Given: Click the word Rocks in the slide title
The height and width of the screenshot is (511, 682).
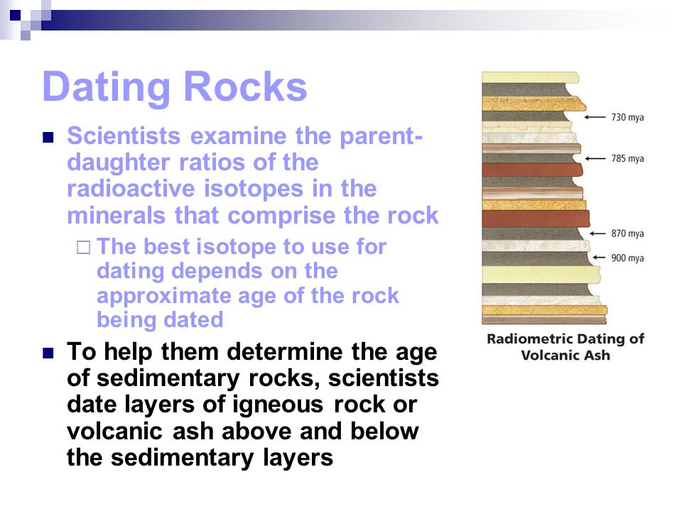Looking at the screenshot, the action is click(x=246, y=86).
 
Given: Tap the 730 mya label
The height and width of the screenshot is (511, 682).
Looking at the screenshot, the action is click(x=627, y=117).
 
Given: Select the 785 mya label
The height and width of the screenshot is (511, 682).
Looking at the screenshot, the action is click(x=627, y=158).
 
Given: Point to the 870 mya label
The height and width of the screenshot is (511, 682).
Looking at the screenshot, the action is click(x=627, y=233).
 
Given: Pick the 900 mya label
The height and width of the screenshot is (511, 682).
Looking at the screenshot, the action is click(x=627, y=258).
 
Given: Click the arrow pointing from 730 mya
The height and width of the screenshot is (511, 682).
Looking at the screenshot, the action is click(x=595, y=117).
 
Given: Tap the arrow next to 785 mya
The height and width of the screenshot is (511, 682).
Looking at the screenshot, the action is click(x=595, y=158).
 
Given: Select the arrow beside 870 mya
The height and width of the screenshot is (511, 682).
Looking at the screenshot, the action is click(x=597, y=233).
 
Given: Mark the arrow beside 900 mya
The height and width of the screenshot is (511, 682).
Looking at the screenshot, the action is click(x=599, y=257).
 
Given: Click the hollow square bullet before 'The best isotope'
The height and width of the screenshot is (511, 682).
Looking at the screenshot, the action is click(x=84, y=247).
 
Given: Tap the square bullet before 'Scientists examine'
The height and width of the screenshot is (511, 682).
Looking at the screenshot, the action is click(x=48, y=138).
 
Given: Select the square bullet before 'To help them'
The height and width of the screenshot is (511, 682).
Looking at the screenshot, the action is click(x=48, y=353).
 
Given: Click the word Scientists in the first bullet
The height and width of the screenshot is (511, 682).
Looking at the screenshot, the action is click(x=124, y=136).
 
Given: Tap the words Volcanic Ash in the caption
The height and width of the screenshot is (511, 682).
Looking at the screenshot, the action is click(x=565, y=355).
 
